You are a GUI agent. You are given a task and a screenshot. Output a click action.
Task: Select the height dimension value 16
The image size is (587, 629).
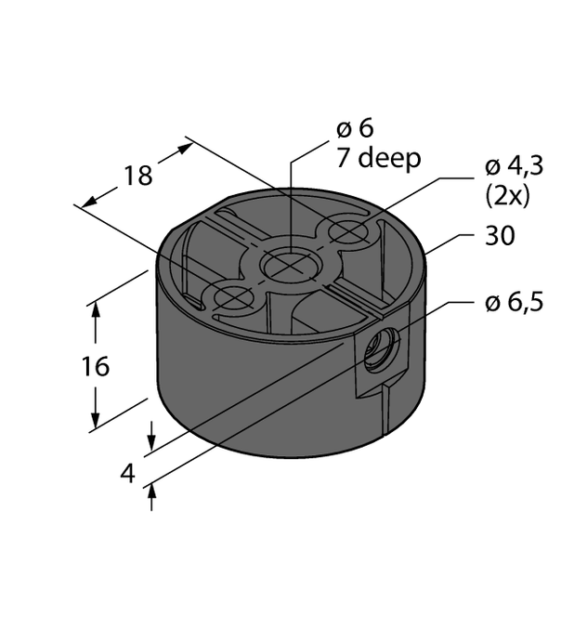tap(95, 366)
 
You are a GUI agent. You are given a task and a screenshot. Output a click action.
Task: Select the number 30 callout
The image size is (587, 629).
tap(500, 237)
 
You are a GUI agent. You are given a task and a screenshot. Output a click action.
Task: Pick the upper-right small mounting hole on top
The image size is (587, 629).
tap(347, 231)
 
